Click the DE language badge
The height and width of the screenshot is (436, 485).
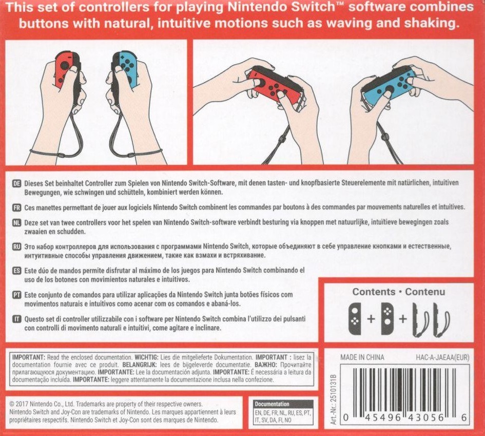[17, 183]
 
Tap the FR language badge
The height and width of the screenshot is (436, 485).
[17, 207]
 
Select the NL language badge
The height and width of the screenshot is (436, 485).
[17, 222]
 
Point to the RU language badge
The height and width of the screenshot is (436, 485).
[17, 247]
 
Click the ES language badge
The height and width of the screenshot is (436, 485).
[17, 271]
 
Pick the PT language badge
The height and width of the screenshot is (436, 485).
[17, 295]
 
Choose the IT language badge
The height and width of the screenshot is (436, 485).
[17, 319]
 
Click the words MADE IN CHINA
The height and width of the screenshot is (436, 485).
[362, 357]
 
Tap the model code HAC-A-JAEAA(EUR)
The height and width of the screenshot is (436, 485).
[442, 358]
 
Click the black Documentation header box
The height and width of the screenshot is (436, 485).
[284, 404]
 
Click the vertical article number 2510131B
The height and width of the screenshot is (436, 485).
[333, 400]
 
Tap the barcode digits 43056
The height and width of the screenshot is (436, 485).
[426, 418]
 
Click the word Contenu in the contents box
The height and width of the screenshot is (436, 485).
[425, 292]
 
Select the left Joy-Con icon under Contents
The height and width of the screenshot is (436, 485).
[355, 318]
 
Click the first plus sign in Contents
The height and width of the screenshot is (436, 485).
[371, 318]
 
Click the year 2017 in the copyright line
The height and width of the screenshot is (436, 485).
[22, 404]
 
